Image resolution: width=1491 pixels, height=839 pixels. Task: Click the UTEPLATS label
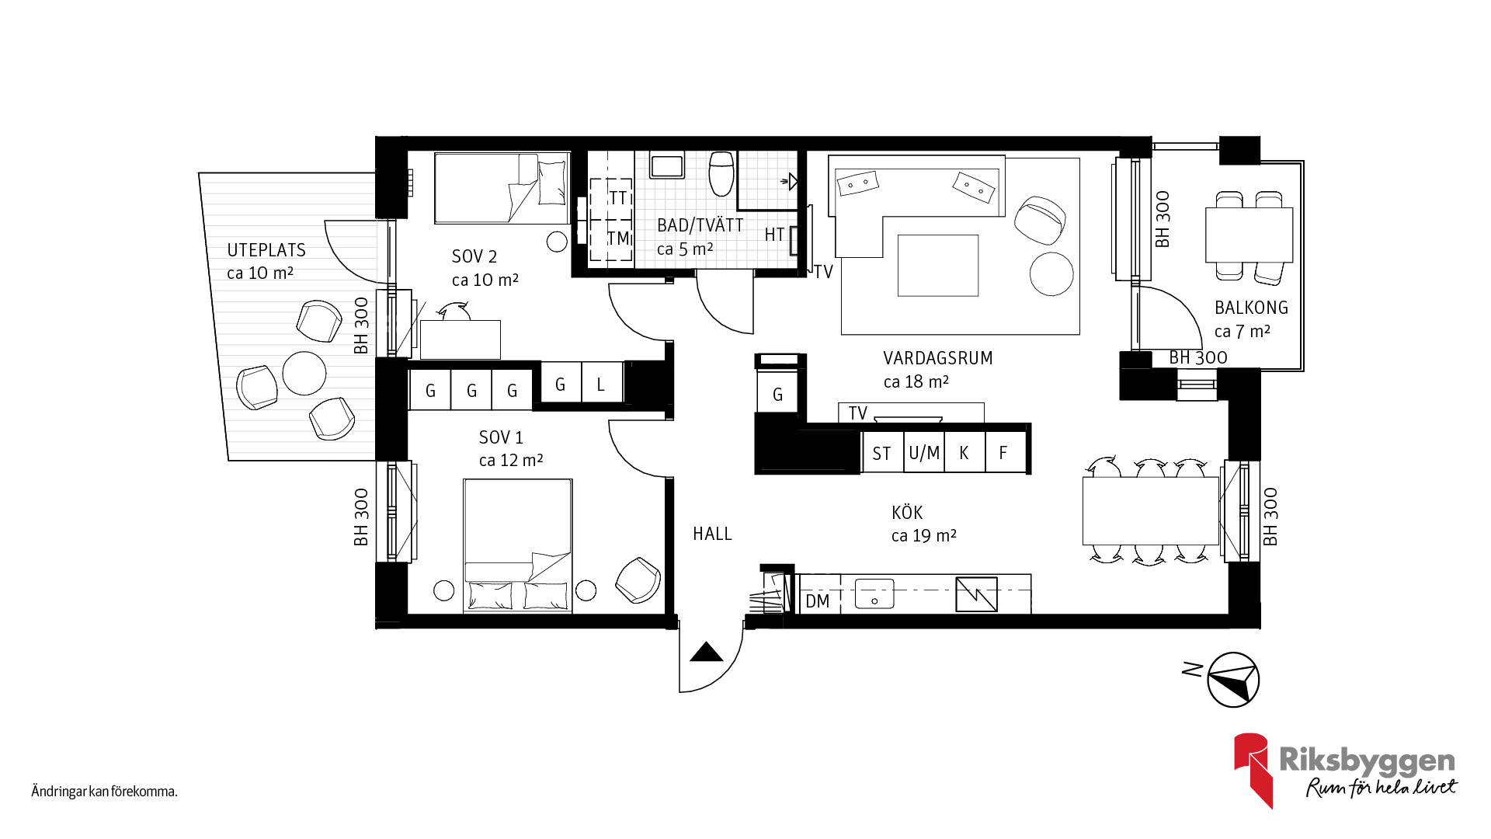click(x=266, y=250)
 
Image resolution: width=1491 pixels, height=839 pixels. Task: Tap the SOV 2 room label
click(x=474, y=256)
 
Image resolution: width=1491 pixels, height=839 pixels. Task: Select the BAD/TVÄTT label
click(x=700, y=225)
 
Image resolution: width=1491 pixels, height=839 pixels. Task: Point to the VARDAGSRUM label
click(x=938, y=358)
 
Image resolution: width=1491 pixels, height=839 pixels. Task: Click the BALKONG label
click(x=1251, y=308)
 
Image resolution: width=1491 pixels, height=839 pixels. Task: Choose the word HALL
click(x=712, y=534)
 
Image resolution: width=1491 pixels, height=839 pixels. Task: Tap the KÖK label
click(x=907, y=513)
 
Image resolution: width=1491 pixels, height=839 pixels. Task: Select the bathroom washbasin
click(x=667, y=165)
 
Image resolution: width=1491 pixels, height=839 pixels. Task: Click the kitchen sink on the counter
click(x=874, y=594)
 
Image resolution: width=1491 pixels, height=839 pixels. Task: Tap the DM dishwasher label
click(x=817, y=601)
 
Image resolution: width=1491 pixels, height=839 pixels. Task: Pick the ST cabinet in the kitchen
click(x=882, y=453)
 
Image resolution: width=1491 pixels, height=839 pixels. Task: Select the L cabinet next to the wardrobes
click(x=602, y=383)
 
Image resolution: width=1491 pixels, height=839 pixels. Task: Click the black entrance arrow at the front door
click(x=707, y=652)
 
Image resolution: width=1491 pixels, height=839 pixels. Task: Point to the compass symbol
click(x=1233, y=680)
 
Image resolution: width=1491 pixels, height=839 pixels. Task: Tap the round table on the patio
click(x=304, y=374)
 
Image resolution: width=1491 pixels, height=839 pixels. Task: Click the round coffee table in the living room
click(x=1051, y=274)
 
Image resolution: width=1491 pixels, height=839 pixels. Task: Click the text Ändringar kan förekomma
click(x=105, y=792)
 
